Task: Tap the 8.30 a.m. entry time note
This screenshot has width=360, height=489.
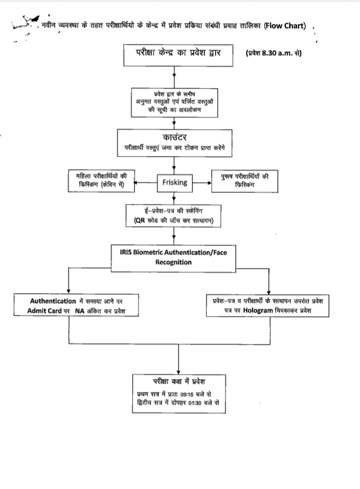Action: click(273, 55)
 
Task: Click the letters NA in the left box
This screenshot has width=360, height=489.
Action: click(80, 311)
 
